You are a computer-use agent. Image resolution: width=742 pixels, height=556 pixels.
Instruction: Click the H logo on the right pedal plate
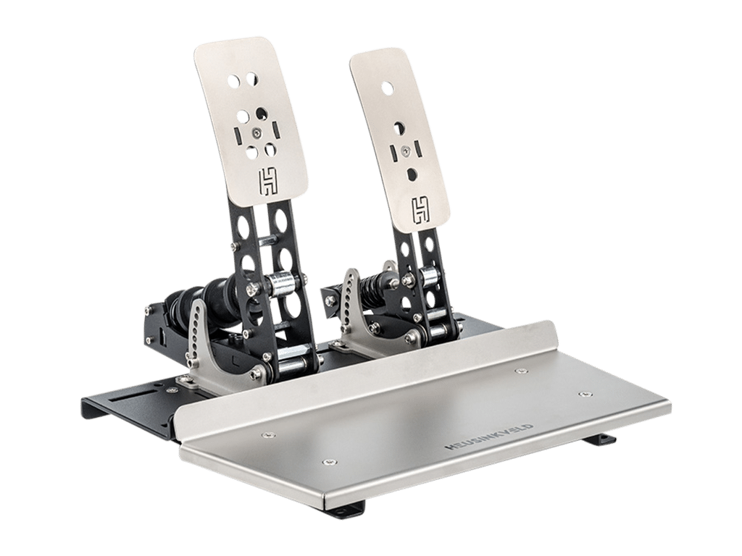pyautogui.click(x=421, y=210)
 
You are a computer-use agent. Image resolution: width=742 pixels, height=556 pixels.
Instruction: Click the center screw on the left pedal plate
pyautogui.click(x=256, y=133)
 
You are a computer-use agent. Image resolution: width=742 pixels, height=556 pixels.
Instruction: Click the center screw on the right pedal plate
pyautogui.click(x=405, y=151)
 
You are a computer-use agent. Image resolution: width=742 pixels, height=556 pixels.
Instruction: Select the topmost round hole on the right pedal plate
pyautogui.click(x=388, y=87)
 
